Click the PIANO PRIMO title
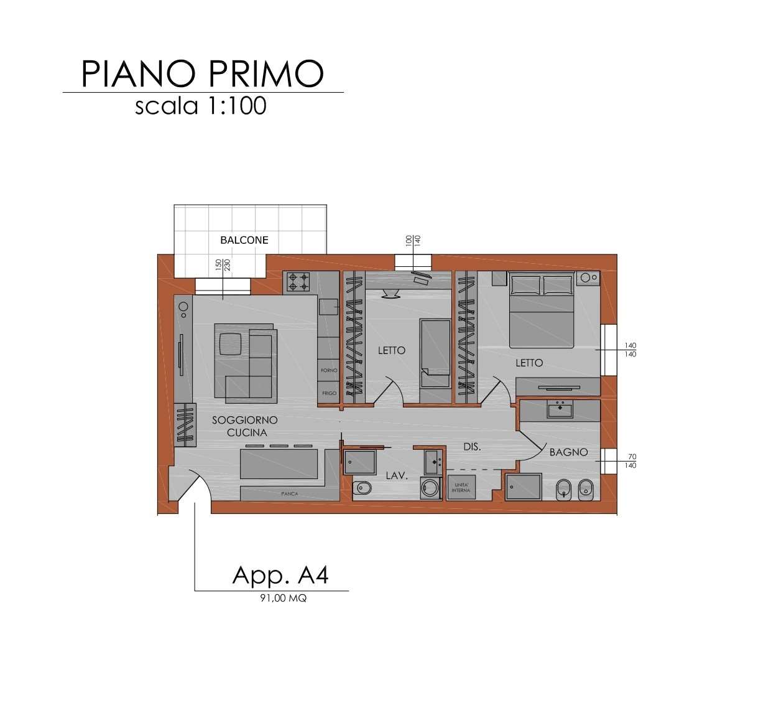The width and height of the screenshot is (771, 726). click(x=203, y=73)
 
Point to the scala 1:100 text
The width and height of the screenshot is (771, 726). click(x=201, y=106)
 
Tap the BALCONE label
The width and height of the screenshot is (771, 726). click(x=244, y=240)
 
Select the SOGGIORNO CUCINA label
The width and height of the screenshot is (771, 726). click(x=245, y=426)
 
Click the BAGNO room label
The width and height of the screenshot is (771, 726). click(x=568, y=452)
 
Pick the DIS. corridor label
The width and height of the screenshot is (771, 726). click(x=472, y=447)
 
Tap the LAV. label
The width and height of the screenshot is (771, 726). click(x=396, y=475)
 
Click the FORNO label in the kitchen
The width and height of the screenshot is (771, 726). click(x=329, y=370)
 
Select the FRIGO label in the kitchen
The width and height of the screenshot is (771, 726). click(x=329, y=393)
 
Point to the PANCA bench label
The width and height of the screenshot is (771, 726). click(x=289, y=493)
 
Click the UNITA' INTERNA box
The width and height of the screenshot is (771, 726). click(x=461, y=488)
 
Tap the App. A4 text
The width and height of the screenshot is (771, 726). click(x=280, y=575)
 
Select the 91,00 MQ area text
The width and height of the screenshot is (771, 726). click(x=283, y=598)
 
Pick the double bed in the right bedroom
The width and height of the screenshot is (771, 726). click(x=541, y=311)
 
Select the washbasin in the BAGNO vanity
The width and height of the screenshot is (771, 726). click(x=560, y=409)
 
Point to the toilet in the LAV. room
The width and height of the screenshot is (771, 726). click(x=361, y=489)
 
